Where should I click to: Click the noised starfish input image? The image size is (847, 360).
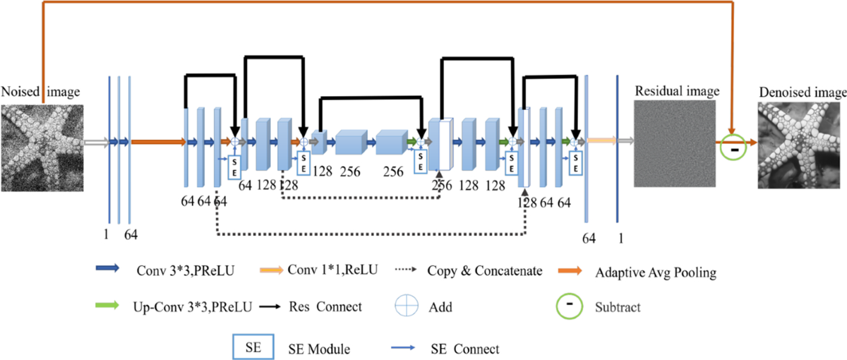pyautogui.click(x=42, y=146)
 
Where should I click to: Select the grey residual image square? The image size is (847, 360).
pyautogui.click(x=674, y=143)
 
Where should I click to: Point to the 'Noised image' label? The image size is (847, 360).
pyautogui.click(x=40, y=92)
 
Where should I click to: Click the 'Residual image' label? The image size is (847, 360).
pyautogui.click(x=677, y=91)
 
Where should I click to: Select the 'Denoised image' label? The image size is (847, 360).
pyautogui.click(x=802, y=93)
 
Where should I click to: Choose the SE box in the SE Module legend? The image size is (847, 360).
pyautogui.click(x=252, y=347)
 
